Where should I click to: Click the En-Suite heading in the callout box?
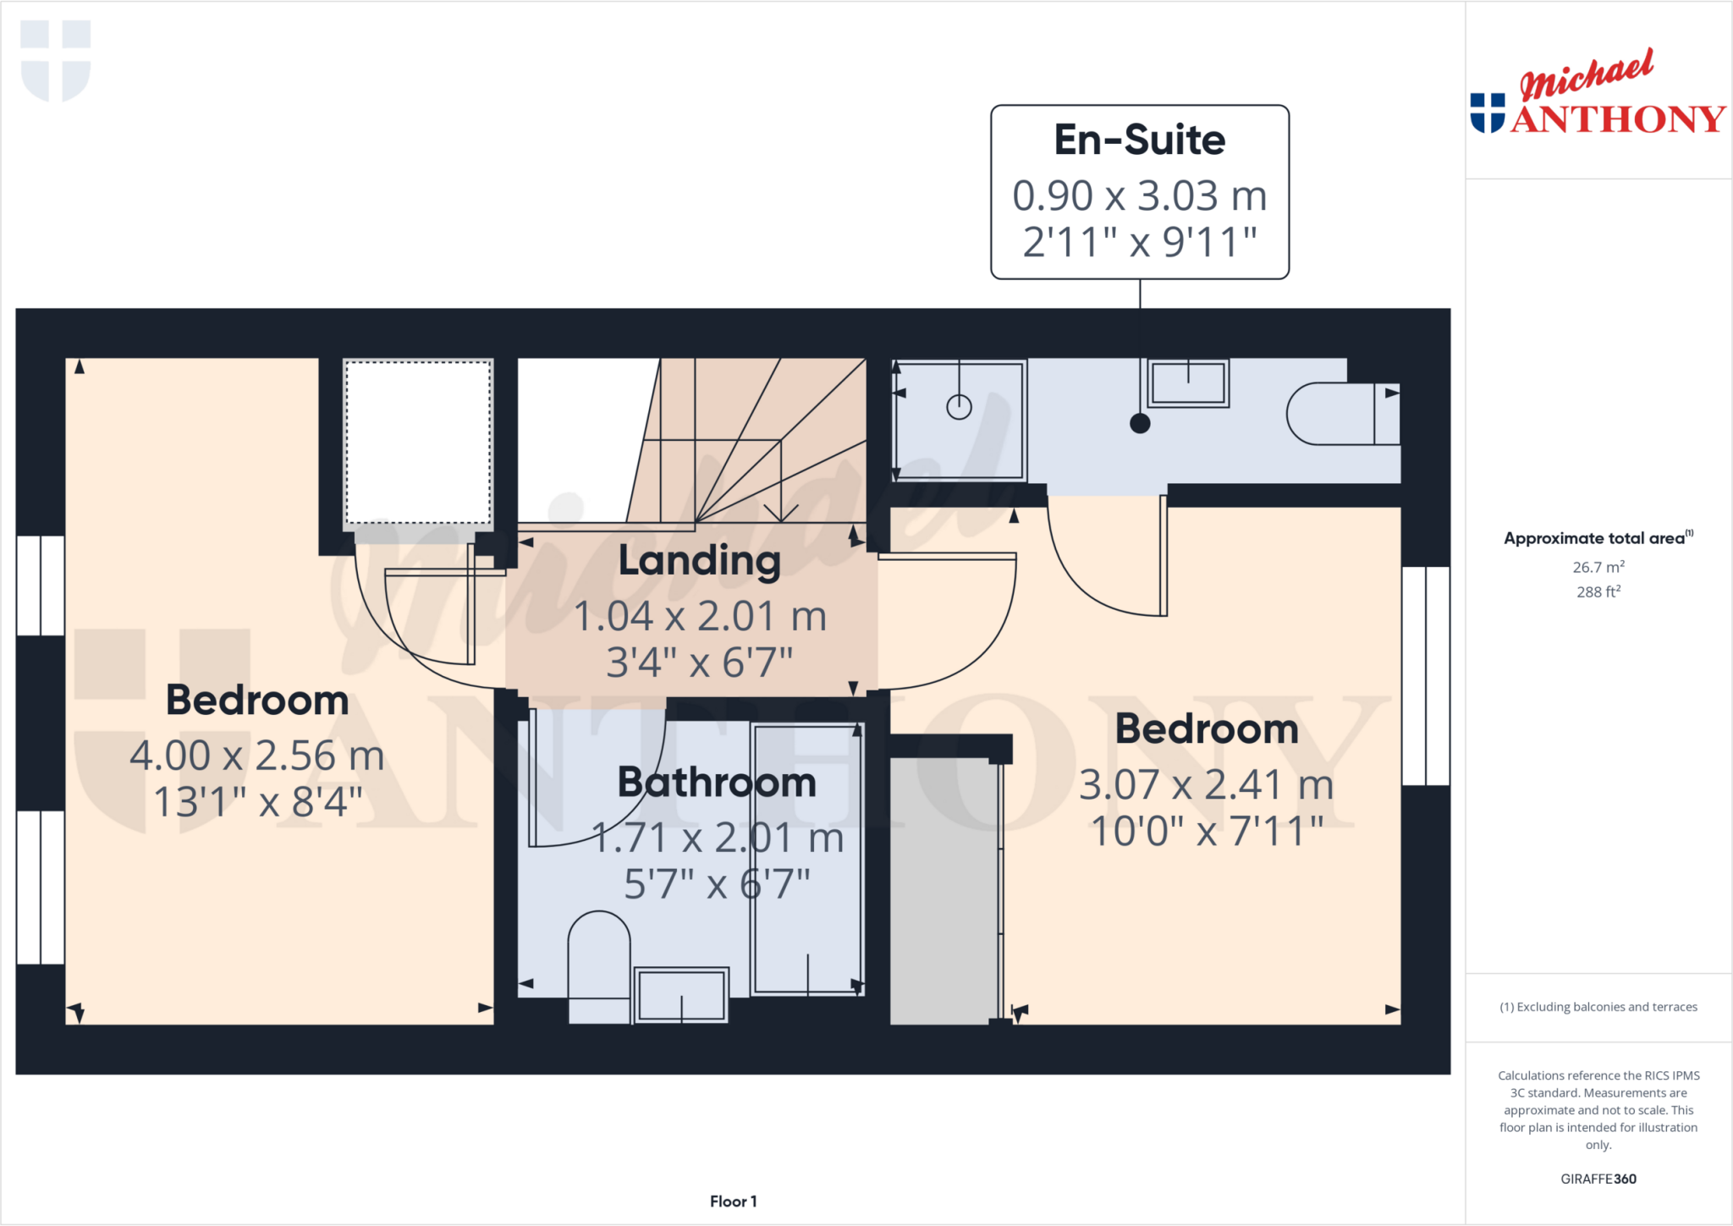[x=1139, y=140]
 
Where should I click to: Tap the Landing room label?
[x=699, y=560]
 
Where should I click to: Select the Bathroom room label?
[x=717, y=782]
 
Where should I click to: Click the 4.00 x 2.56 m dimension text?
[x=256, y=756]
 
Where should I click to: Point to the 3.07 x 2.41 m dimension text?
[x=1206, y=784]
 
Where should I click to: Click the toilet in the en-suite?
[x=1342, y=414]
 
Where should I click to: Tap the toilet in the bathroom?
[x=599, y=965]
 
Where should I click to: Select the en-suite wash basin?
[x=1188, y=382]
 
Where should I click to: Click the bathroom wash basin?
[x=681, y=994]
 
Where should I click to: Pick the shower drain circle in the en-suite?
[x=959, y=407]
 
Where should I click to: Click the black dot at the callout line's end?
[x=1140, y=424]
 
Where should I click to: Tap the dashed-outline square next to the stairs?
[x=418, y=443]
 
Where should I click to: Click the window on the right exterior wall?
[x=1426, y=675]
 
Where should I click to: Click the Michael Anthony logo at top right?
[x=1598, y=95]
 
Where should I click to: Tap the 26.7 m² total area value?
[x=1598, y=567]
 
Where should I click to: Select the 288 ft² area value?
[x=1598, y=591]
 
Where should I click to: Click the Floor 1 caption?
[x=733, y=1201]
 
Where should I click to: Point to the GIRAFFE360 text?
[x=1598, y=1179]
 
